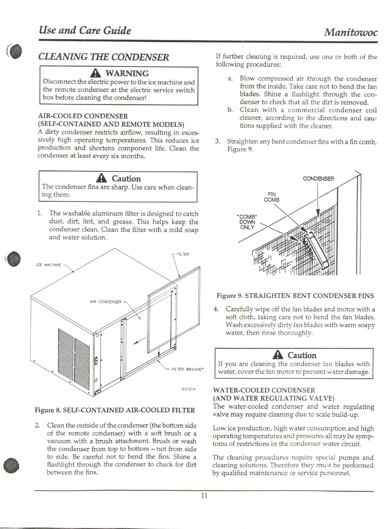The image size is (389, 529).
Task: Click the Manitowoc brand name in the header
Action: (x=350, y=32)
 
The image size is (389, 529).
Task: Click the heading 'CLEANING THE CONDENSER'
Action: (x=104, y=57)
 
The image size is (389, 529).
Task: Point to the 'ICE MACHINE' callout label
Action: (x=49, y=265)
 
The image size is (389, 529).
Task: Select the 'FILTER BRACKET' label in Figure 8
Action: (x=188, y=369)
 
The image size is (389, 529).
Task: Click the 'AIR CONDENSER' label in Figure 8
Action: (x=105, y=302)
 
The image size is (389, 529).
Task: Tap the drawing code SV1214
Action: (x=188, y=389)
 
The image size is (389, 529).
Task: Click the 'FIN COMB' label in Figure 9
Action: (x=271, y=197)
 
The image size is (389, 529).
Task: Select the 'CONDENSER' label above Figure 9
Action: (x=318, y=179)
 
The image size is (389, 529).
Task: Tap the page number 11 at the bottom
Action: (x=204, y=496)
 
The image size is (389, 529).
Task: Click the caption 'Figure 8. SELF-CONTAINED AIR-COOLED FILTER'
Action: (x=115, y=410)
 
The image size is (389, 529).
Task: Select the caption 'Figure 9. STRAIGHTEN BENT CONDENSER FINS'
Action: (x=295, y=296)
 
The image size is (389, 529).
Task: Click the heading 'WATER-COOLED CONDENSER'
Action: (x=264, y=390)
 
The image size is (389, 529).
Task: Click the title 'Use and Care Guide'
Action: (x=85, y=31)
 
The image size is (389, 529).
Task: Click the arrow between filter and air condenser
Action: (x=139, y=342)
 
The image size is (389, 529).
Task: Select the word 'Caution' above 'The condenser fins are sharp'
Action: (x=126, y=179)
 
